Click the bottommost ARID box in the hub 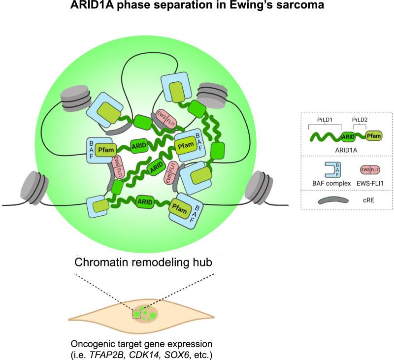pos(144,202)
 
